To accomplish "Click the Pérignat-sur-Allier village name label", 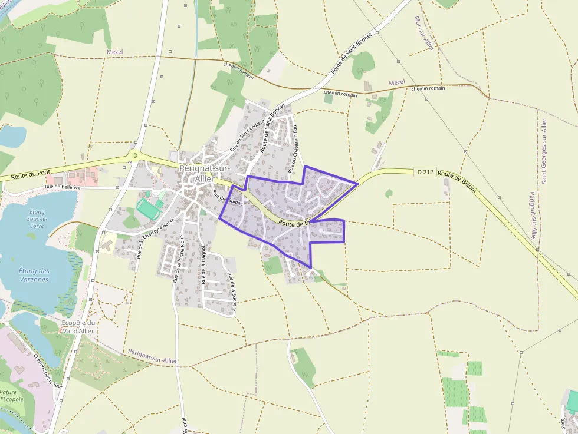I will [204, 174].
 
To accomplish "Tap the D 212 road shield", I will [425, 172].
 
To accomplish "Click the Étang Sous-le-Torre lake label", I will [37, 218].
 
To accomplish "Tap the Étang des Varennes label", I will [34, 275].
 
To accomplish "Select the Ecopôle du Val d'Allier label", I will [78, 327].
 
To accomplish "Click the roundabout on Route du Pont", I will [135, 155].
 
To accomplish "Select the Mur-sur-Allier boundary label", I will [425, 33].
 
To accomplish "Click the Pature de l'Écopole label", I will [11, 396].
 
